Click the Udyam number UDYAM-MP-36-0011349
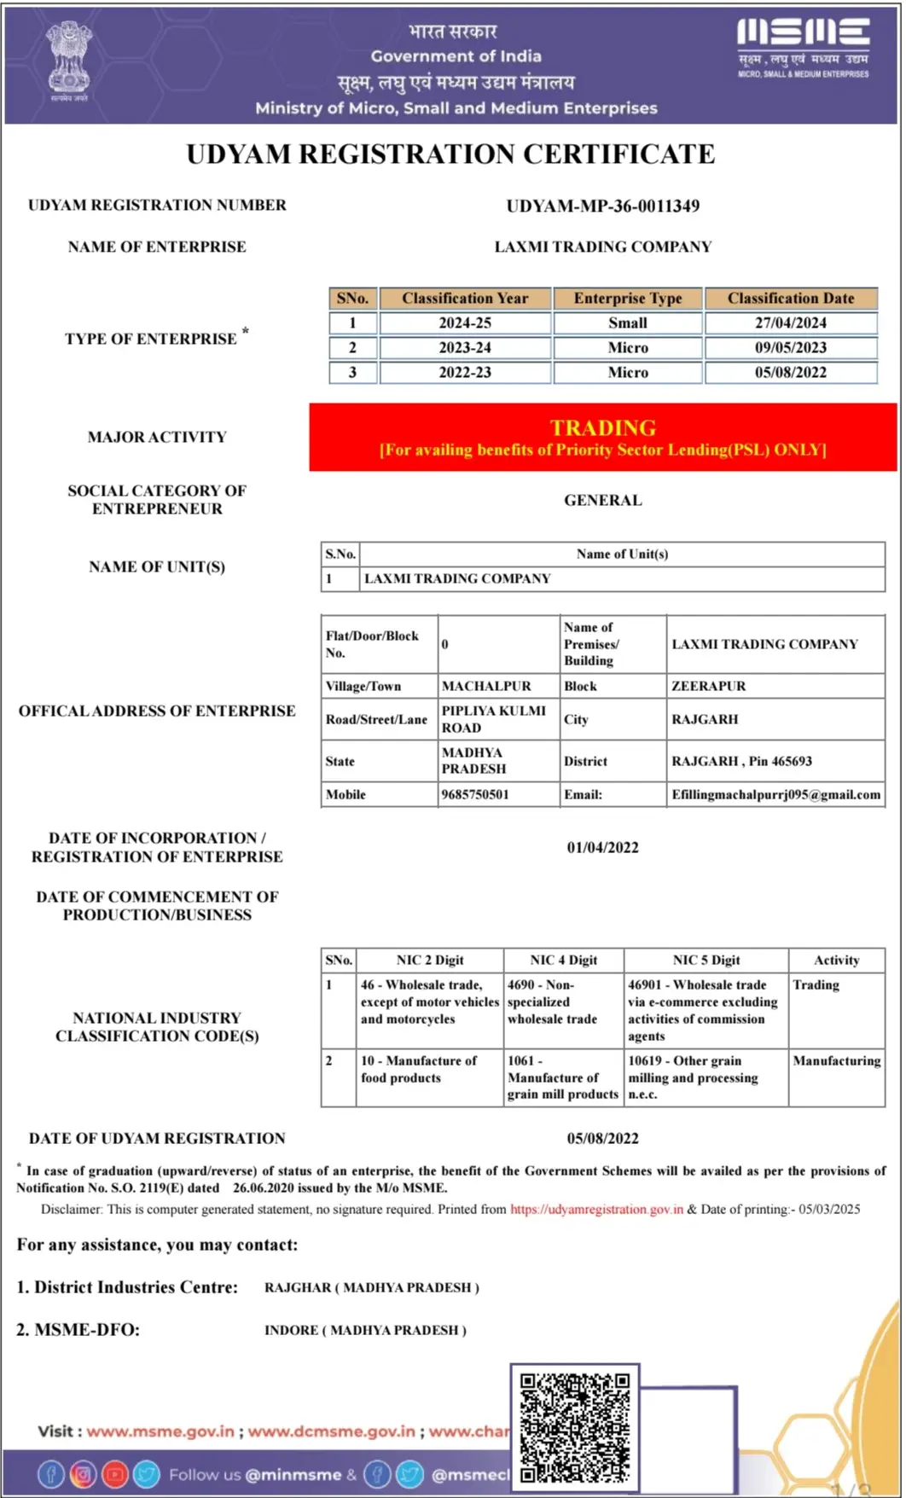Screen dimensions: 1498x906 click(602, 206)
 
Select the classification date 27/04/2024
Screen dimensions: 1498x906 click(790, 323)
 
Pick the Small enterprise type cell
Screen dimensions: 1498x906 click(628, 323)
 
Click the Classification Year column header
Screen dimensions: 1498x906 click(465, 299)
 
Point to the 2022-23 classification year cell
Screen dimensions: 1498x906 click(465, 373)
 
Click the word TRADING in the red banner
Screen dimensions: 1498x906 click(602, 427)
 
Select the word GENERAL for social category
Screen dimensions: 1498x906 click(602, 501)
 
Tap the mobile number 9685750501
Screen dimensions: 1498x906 click(475, 795)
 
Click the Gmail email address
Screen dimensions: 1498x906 click(775, 795)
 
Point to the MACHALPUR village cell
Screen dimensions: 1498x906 click(486, 687)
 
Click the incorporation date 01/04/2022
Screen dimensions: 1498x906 click(602, 848)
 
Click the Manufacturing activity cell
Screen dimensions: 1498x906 click(836, 1061)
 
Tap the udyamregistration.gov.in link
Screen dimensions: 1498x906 click(596, 1210)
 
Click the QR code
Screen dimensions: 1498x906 click(575, 1427)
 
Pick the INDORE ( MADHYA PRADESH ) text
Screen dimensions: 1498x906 click(365, 1331)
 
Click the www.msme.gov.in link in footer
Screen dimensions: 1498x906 click(160, 1431)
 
